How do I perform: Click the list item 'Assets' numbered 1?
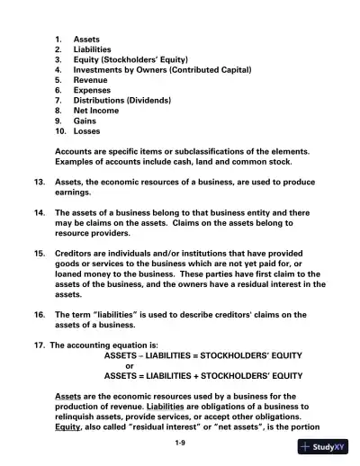(x=86, y=40)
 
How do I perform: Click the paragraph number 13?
(x=40, y=181)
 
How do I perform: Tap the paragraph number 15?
(x=40, y=253)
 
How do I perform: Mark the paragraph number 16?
(x=40, y=314)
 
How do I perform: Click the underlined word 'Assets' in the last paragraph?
(x=68, y=396)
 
